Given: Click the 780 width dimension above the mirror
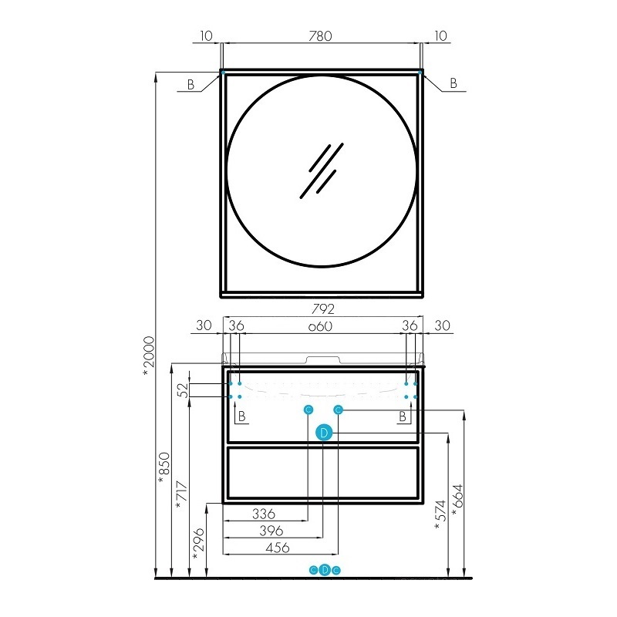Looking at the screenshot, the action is (320, 36).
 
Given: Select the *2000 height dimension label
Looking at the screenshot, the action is (149, 356).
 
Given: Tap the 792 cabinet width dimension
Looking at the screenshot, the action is (322, 309).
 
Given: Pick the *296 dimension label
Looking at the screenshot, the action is (199, 545).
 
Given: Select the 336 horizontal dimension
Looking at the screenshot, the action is (264, 514).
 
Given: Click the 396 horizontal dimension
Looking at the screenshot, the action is (271, 531).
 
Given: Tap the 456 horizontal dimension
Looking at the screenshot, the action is (278, 548).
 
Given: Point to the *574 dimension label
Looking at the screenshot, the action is (440, 516).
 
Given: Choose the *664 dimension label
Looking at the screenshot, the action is (457, 501).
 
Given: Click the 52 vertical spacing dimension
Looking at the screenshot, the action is (184, 390).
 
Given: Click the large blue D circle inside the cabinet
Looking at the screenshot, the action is (324, 433).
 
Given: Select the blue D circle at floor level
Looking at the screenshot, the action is (325, 570).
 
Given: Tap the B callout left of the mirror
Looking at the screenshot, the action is (190, 84).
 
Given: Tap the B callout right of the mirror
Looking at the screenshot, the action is (453, 83).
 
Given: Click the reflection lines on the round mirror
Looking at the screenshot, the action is (322, 170).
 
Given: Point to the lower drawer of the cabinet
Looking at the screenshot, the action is (322, 473).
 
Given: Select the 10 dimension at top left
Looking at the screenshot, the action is (206, 36).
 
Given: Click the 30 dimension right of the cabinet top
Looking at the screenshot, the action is (442, 325).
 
